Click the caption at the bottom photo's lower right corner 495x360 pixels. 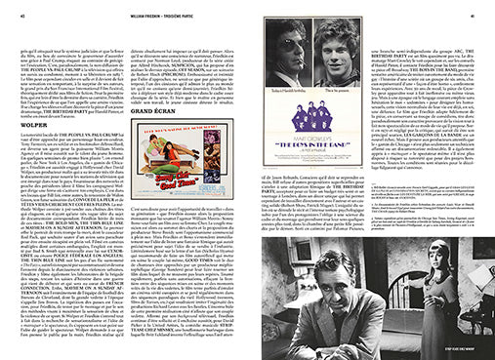click(468, 345)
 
